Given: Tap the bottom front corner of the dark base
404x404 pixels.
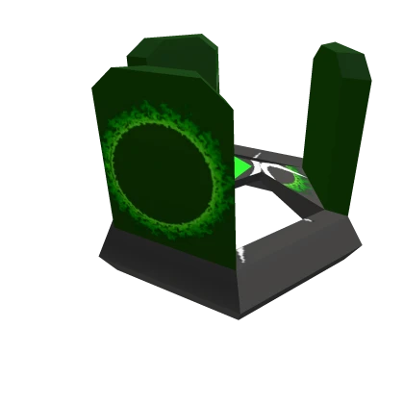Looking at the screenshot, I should click(235, 317).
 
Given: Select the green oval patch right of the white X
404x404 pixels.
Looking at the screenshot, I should click(294, 180).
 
